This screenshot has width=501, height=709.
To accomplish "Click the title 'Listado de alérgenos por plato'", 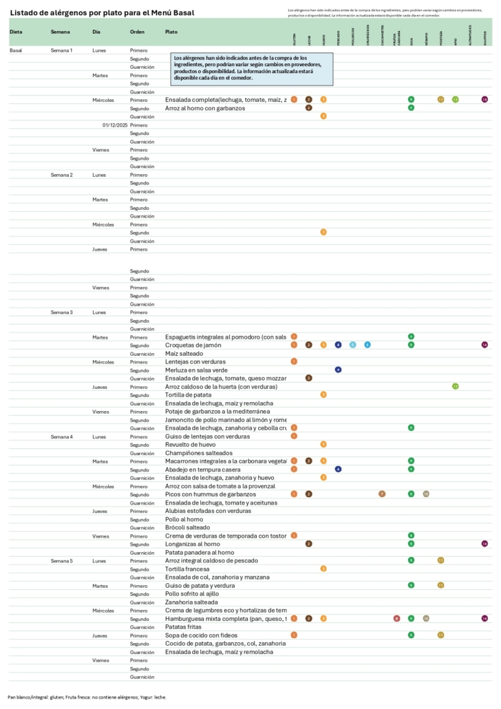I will [x=102, y=13].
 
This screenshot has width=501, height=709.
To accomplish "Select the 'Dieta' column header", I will [x=16, y=32].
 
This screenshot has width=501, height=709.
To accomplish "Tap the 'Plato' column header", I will [x=171, y=32].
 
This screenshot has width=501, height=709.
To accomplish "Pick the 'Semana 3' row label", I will [x=61, y=313].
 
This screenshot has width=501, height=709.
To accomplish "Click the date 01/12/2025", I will [x=115, y=125].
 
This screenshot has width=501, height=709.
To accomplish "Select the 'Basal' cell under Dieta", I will [x=16, y=51].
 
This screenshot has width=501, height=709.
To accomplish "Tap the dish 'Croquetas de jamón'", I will [x=193, y=346].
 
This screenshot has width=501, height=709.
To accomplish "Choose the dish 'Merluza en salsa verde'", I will [x=198, y=370].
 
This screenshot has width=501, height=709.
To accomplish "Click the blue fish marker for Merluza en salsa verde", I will [x=339, y=370].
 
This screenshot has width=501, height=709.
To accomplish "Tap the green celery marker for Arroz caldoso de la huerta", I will [x=455, y=386].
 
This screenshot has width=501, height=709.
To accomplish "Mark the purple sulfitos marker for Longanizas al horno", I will [x=484, y=544].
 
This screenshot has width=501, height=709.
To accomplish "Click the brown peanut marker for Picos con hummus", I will [x=382, y=494].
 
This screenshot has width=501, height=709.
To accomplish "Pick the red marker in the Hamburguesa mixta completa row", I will [x=396, y=619].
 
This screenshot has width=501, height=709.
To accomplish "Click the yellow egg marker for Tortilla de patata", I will [x=323, y=394].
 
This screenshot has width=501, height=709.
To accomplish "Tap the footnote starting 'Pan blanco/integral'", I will [x=87, y=697].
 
